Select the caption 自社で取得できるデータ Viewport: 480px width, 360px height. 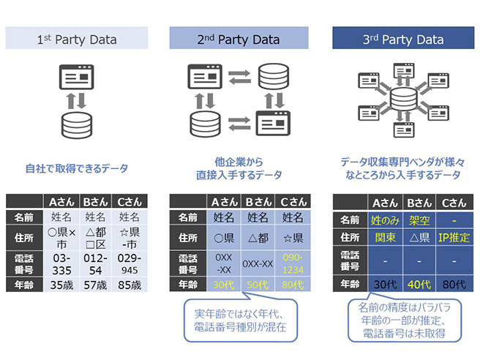coord(77,169)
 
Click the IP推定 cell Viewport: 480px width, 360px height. coord(455,238)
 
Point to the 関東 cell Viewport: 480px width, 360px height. coord(384,238)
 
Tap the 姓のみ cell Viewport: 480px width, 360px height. coord(384,220)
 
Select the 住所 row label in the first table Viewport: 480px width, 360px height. coord(24,238)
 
